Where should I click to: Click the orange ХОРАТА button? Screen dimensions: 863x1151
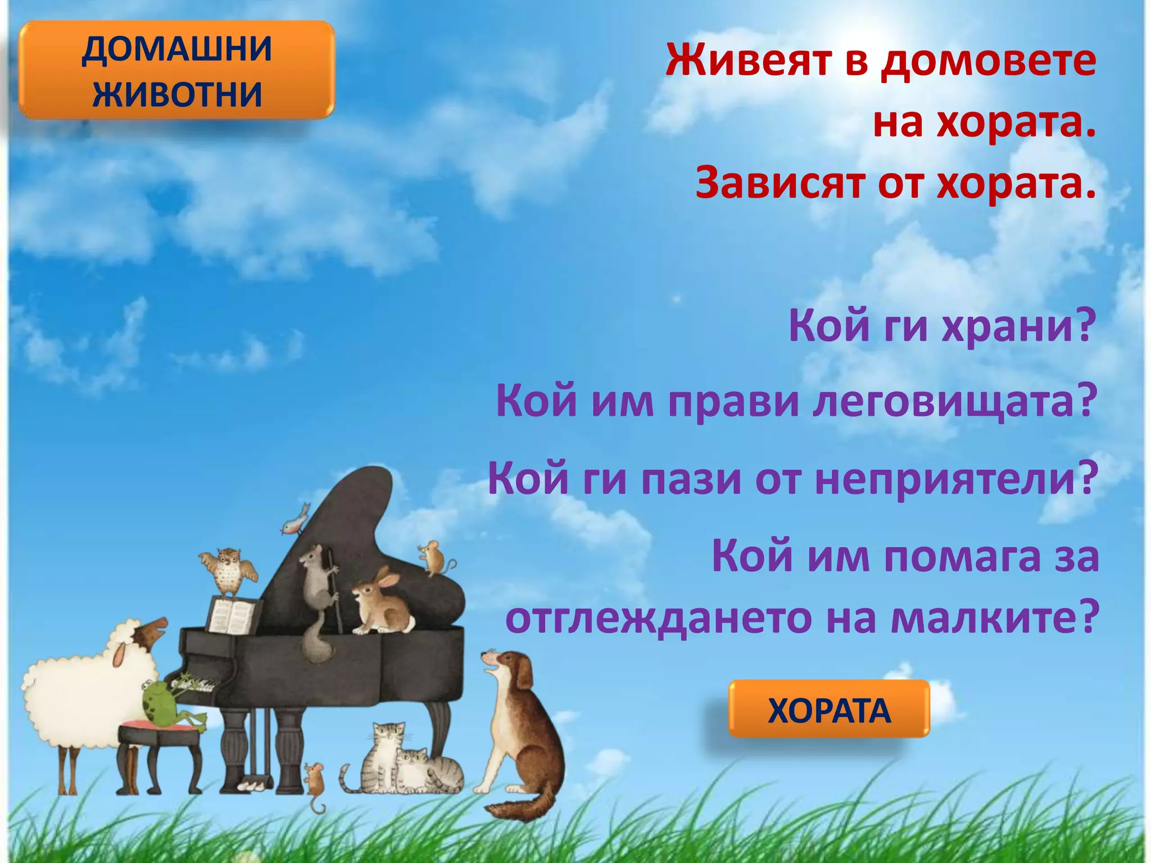click(828, 710)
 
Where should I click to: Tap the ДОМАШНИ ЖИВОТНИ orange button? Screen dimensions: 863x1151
click(177, 71)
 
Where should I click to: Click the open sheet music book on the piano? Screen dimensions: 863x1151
click(233, 615)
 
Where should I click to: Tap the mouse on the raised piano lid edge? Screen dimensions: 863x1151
click(433, 556)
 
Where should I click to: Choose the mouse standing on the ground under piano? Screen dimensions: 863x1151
click(314, 781)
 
